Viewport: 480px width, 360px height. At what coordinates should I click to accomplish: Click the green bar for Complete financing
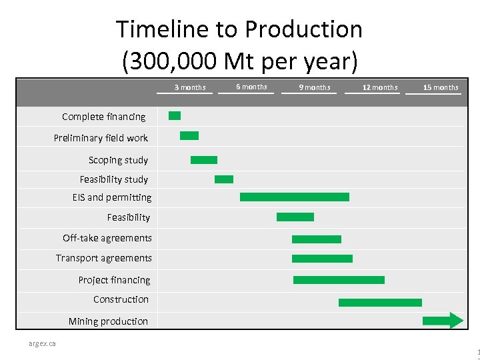(175, 116)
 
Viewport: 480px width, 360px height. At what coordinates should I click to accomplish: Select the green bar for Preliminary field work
(189, 136)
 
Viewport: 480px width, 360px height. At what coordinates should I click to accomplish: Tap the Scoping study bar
(204, 160)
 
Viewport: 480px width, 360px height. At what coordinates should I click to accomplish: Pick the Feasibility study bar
(224, 179)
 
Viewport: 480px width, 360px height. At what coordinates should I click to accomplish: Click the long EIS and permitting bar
(294, 197)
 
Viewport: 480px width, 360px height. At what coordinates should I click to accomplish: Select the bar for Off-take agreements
(316, 239)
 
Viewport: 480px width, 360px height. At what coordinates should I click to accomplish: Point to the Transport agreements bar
(322, 259)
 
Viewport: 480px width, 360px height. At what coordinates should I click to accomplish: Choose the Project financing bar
(339, 280)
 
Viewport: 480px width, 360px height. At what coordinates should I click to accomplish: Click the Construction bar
(380, 303)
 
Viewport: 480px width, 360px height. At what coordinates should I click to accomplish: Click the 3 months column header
(190, 87)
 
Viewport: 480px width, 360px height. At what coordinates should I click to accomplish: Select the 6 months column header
(251, 87)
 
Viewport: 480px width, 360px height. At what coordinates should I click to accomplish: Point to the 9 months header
(314, 87)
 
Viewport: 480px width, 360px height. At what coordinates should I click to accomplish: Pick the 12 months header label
(379, 87)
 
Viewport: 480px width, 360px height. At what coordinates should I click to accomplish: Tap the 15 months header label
(441, 87)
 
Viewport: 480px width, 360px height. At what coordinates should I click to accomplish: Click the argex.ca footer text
(42, 343)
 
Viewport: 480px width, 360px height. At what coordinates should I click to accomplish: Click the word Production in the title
(303, 29)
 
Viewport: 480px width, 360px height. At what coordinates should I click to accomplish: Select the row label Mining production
(108, 321)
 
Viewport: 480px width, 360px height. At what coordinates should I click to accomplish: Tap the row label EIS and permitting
(112, 197)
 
